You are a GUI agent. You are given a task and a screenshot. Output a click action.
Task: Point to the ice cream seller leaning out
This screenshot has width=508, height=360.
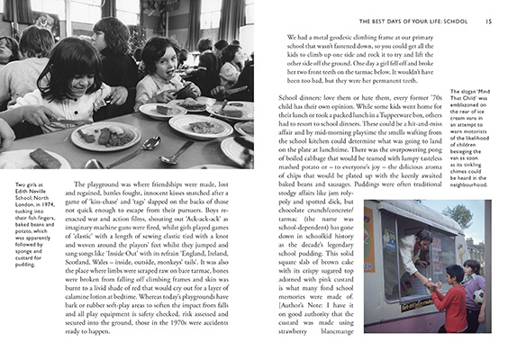pos(411,247)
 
